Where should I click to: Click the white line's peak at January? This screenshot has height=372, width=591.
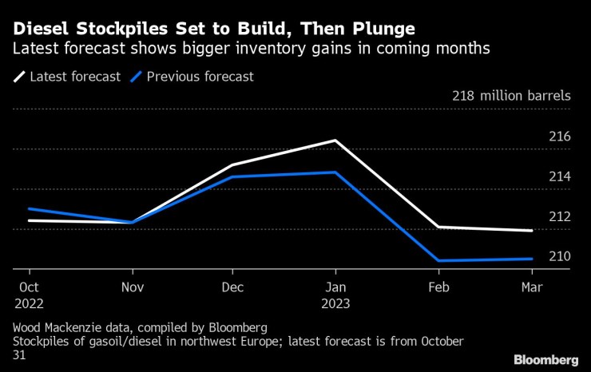point(336,140)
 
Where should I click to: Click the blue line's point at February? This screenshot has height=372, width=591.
point(438,260)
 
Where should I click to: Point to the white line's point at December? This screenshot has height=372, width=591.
point(232,165)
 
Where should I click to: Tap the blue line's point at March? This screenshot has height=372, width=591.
point(532,259)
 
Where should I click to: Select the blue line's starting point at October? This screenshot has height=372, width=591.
point(27,208)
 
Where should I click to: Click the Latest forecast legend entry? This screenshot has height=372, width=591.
point(67,77)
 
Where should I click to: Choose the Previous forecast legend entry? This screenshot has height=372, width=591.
point(195,77)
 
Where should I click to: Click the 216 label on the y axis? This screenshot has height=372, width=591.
point(559,137)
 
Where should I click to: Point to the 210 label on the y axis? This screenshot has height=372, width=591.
point(559,256)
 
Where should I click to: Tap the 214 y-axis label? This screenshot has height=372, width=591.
point(559,176)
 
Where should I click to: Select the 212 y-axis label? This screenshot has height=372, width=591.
point(559,216)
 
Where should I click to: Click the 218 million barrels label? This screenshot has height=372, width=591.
point(511,96)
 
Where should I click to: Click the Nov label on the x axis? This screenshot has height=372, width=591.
point(133,287)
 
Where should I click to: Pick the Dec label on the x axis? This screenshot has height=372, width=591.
point(232,287)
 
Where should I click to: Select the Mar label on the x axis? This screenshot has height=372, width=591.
point(532,287)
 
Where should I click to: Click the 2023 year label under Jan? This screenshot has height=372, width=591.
point(335,304)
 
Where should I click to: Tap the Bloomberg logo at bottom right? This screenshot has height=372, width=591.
point(546,359)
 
